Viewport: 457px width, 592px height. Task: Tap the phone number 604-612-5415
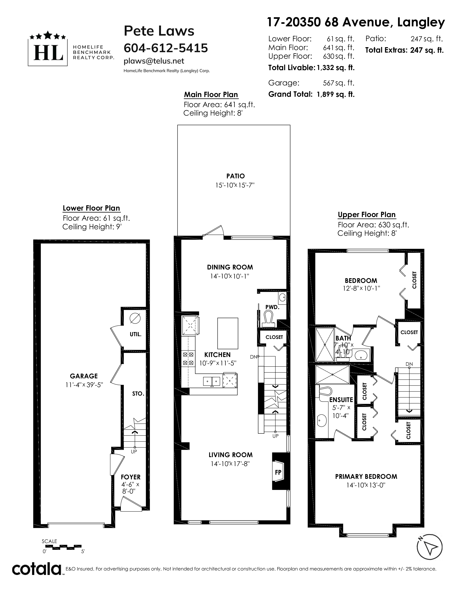coord(166,48)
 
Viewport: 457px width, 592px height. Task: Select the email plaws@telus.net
coord(154,61)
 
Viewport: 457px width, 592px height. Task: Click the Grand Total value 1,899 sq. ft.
coord(335,94)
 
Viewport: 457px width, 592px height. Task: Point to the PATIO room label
coord(235,176)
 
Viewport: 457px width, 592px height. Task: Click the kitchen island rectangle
coord(228,333)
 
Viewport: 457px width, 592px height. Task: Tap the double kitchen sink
coord(212,381)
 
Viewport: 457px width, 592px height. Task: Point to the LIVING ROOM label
coord(230,455)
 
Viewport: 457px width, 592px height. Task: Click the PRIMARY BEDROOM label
coord(366,476)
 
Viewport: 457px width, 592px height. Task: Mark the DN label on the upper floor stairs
coord(409,364)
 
